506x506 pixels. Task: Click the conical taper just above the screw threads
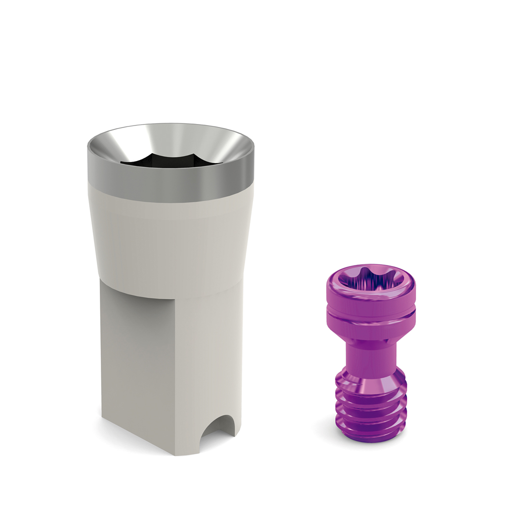pos(371,380)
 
